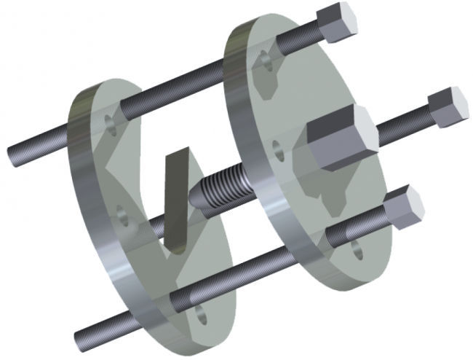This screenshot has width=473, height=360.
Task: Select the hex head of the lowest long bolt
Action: tap(403, 207)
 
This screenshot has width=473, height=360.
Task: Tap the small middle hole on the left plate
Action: tap(124, 215)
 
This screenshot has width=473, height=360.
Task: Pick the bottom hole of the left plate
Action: tap(201, 318)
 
